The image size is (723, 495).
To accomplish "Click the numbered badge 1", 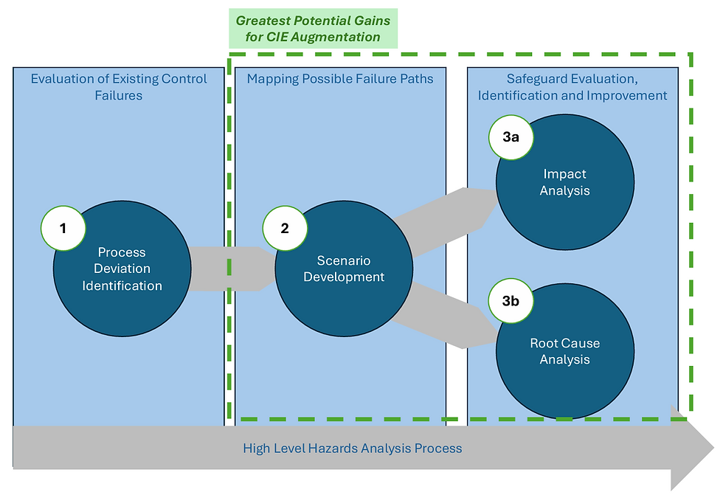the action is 63,228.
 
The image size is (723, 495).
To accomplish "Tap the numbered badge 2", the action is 285,228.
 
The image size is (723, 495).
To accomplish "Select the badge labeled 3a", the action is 511,137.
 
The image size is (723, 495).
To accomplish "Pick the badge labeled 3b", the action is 511,301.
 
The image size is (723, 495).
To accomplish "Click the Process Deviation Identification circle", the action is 122,269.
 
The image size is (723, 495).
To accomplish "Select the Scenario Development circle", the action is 344,269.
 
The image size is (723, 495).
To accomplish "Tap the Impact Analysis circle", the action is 565,182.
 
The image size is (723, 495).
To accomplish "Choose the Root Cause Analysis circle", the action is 565,351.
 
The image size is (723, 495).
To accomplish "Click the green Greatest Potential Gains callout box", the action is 313,29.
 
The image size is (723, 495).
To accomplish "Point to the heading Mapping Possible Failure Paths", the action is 340,79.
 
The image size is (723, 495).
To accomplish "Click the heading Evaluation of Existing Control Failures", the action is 119,87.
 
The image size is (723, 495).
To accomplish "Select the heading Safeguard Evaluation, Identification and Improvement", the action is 572,87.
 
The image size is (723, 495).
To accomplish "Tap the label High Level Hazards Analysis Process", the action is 353,449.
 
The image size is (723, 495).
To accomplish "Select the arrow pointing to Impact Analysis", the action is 445,222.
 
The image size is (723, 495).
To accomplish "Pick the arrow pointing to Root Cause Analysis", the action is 445,316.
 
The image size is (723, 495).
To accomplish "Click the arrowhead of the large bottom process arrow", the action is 693,448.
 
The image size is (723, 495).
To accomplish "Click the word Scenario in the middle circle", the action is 344,261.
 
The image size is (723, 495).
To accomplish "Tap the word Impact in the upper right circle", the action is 565,174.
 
